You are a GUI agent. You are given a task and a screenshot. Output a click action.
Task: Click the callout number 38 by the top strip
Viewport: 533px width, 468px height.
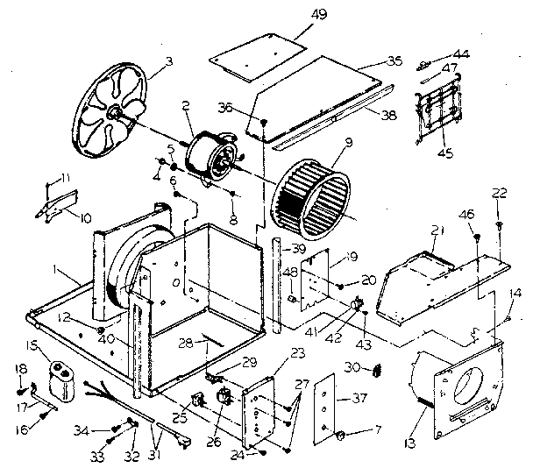point(389,112)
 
